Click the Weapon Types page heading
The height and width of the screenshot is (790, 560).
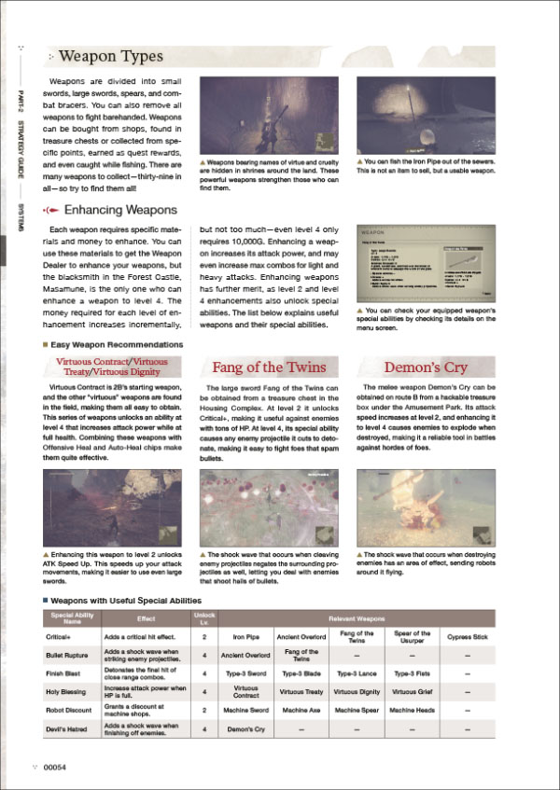pos(111,58)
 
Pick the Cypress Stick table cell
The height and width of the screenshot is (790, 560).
pos(468,637)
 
